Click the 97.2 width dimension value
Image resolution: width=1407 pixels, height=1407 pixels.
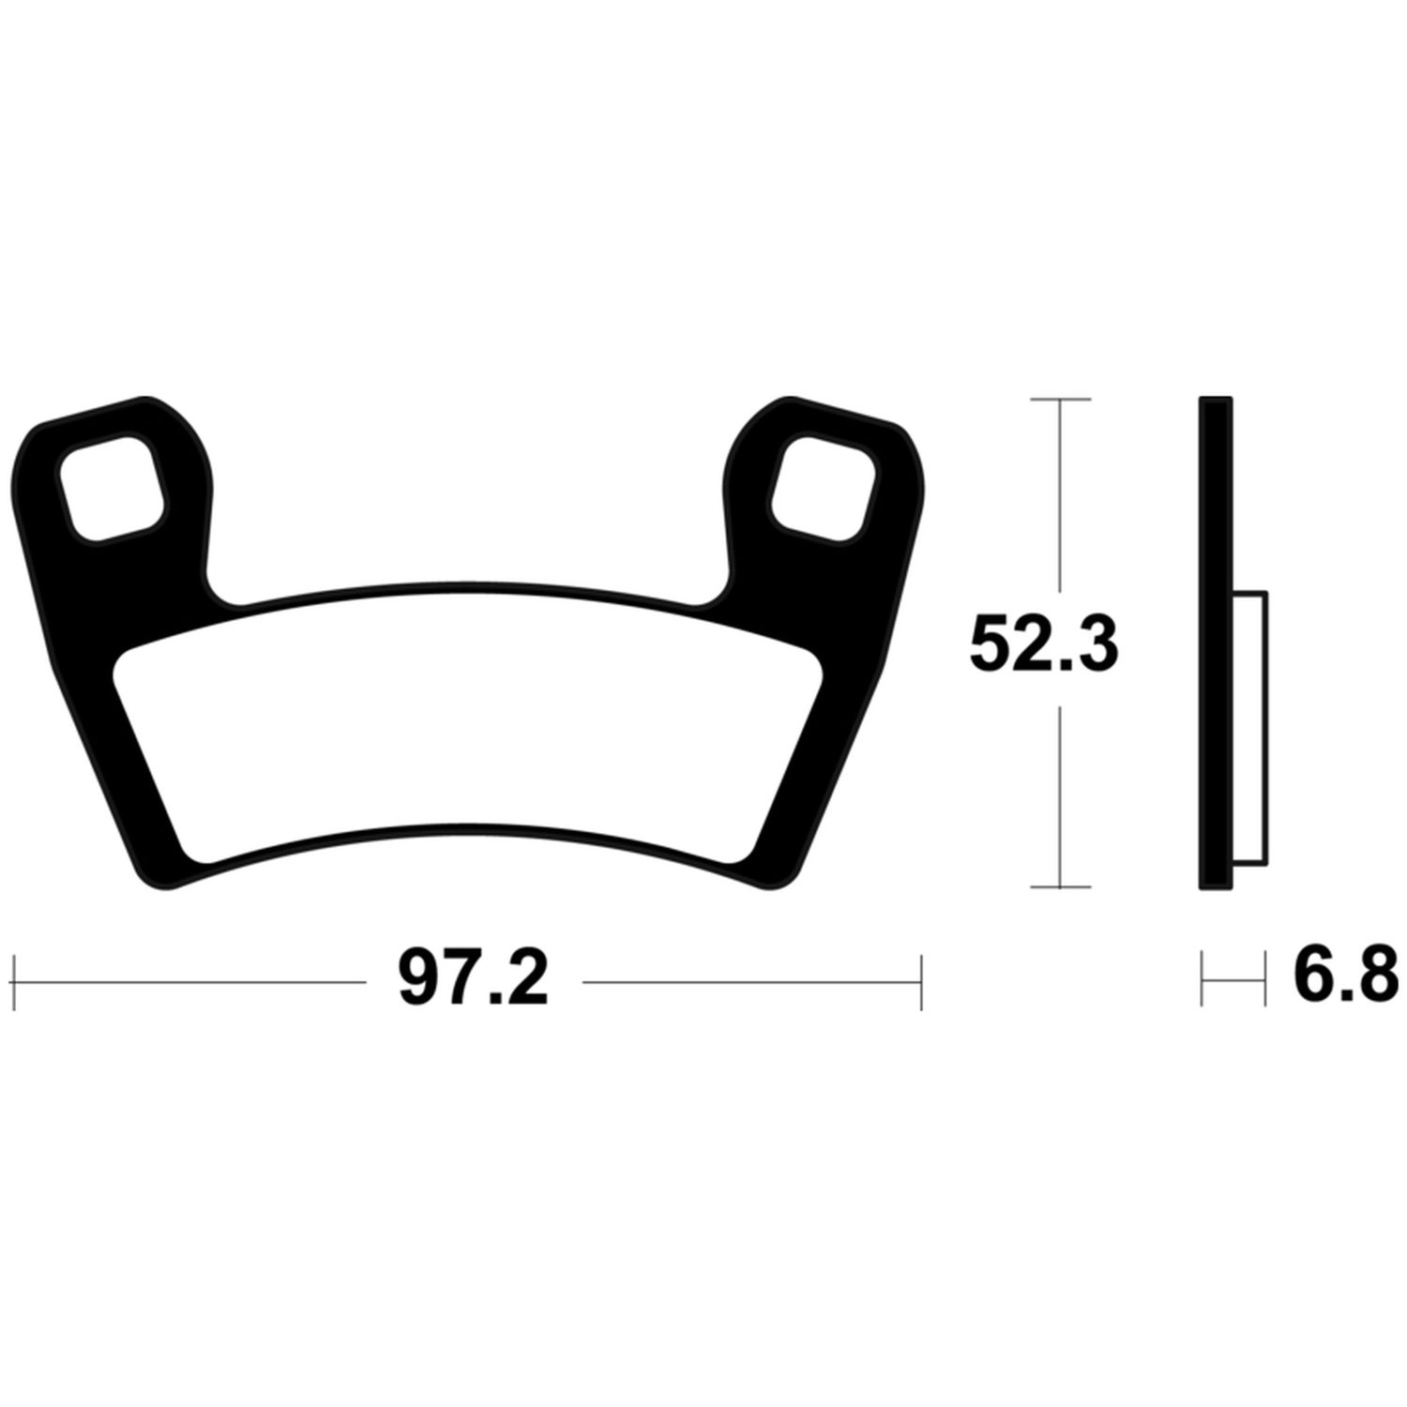tap(473, 982)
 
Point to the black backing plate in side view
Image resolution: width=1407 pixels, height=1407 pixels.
tap(1216, 643)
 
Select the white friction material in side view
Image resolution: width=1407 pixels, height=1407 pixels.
tap(1249, 728)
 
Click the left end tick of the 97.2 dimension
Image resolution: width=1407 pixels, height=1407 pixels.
tap(16, 982)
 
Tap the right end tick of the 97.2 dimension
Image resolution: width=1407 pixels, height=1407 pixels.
tap(922, 982)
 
